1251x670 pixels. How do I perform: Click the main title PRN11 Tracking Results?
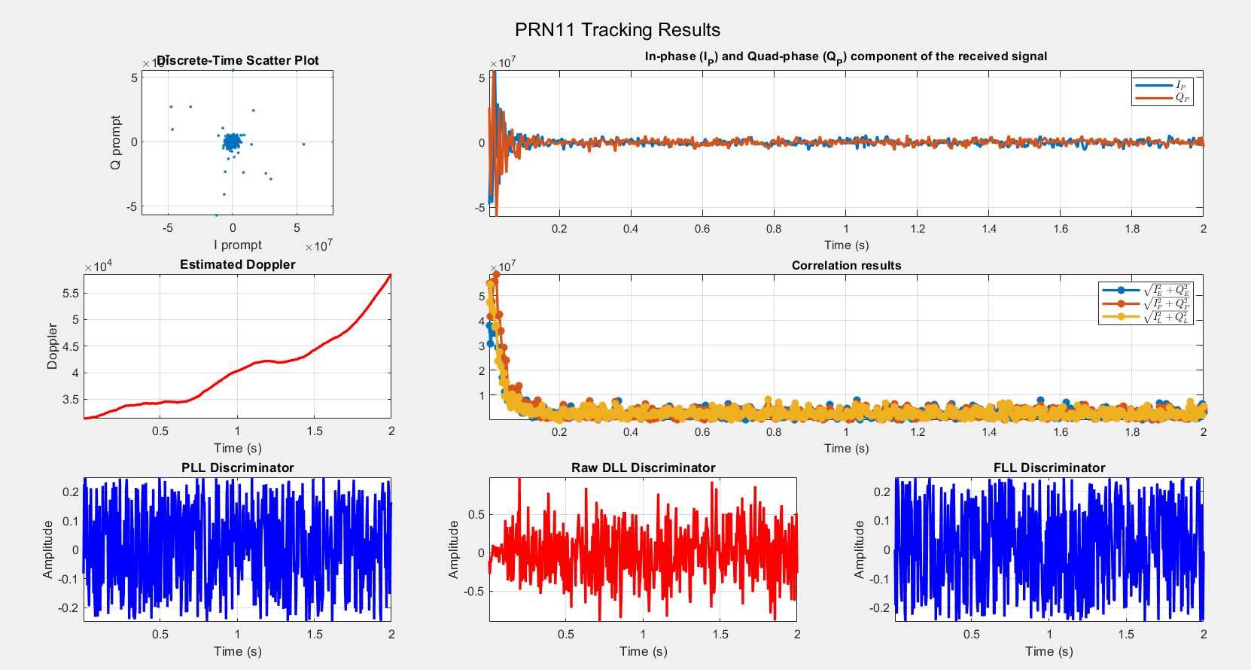coord(617,30)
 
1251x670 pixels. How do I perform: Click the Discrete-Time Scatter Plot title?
coord(238,61)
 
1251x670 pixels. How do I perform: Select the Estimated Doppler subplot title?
coord(238,264)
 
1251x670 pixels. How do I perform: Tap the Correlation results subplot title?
coord(846,265)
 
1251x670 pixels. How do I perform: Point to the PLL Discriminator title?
coord(238,467)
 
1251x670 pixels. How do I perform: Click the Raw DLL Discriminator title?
coord(644,467)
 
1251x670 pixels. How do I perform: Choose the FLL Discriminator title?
coord(1049,467)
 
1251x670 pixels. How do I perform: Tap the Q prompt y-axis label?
coord(115,142)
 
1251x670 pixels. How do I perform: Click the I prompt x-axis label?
coord(238,245)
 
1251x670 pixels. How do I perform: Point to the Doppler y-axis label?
coord(52,346)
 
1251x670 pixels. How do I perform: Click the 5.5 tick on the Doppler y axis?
coord(70,294)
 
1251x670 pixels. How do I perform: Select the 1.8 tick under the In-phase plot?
coord(1132,229)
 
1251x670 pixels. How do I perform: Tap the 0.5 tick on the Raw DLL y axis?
coord(476,515)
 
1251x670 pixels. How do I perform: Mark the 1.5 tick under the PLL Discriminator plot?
coord(315,634)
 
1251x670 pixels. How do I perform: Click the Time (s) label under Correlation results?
coord(846,448)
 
